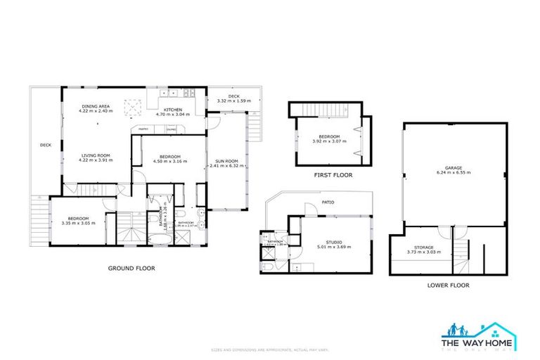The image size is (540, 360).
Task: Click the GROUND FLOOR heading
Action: point(131,268)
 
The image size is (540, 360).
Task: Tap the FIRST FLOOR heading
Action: point(334,175)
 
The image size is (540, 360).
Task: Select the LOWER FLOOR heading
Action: point(448,285)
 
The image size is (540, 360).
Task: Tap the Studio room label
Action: point(333,241)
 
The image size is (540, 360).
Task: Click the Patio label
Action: point(328,202)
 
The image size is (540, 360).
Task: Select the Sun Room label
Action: point(226,161)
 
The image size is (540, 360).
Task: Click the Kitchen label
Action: point(173,110)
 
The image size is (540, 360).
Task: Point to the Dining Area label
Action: point(96,105)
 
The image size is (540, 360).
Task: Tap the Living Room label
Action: point(94,156)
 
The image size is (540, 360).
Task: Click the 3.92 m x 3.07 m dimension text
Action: point(329,141)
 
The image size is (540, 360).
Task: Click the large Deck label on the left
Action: point(46,145)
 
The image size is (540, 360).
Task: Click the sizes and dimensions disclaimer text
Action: point(269,349)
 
